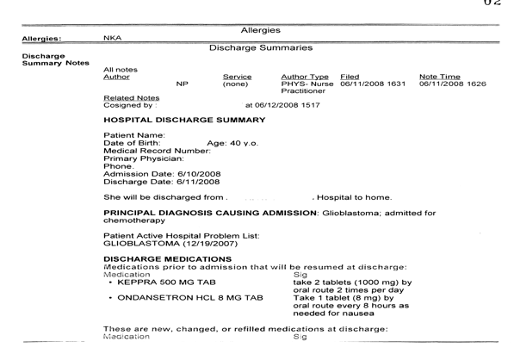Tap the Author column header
coord(117,77)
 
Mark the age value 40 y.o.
coord(233,142)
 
